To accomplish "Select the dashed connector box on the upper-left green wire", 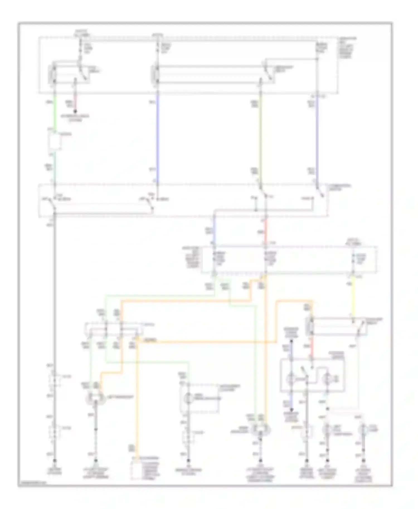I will [x=55, y=141].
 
